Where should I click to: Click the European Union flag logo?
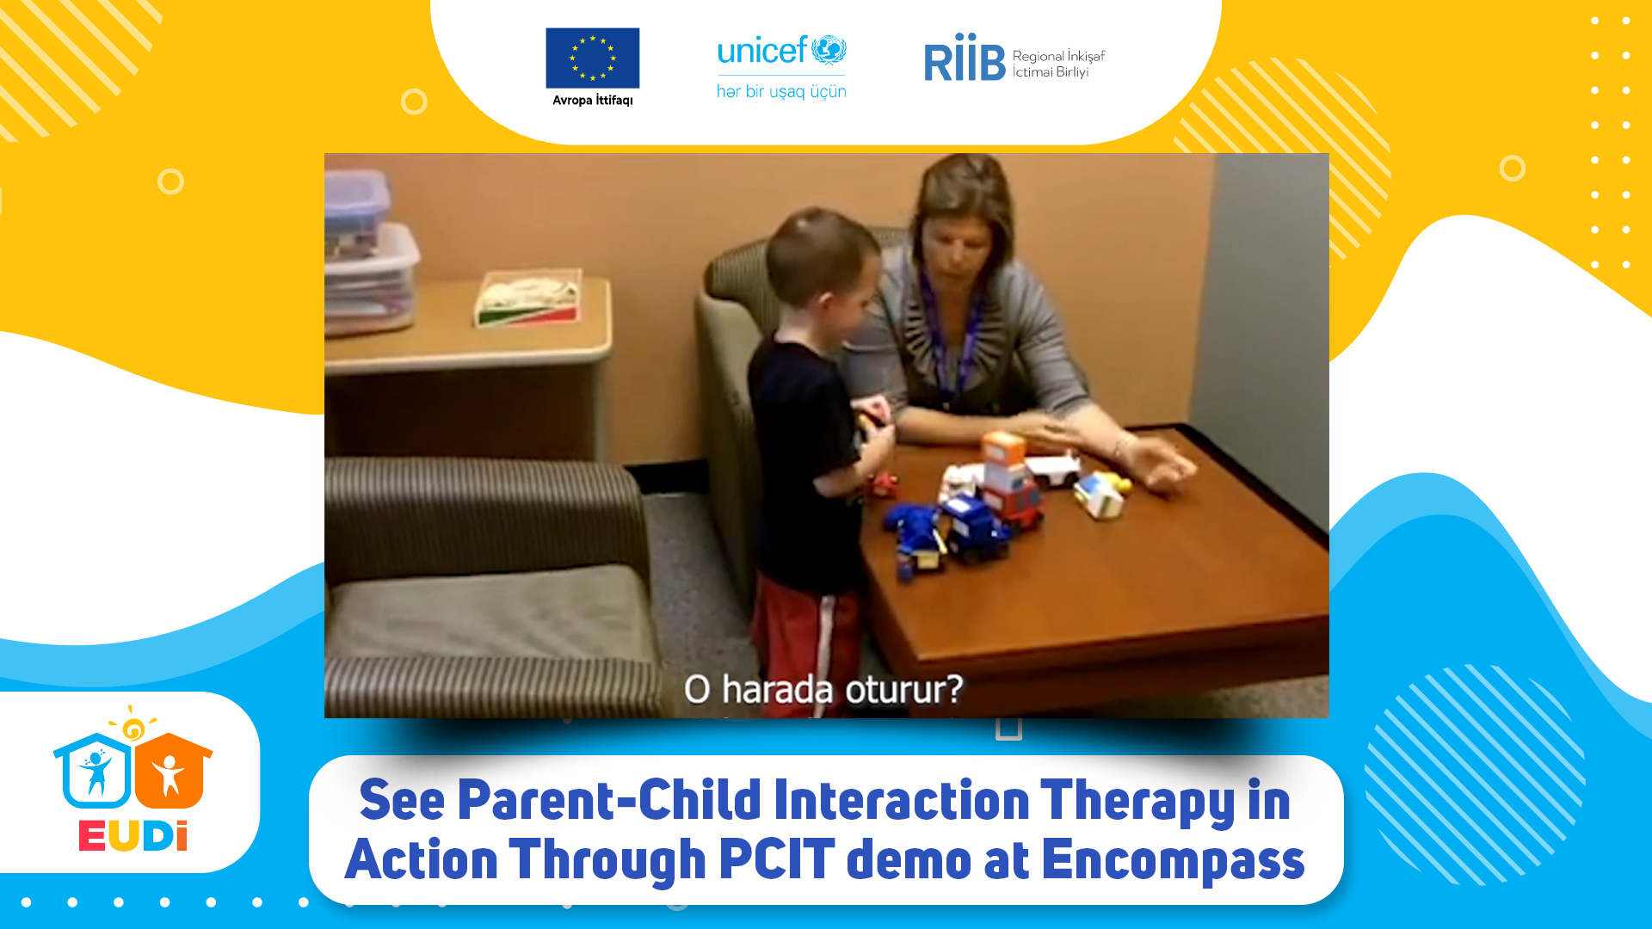coord(592,58)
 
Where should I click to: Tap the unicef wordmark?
coord(762,51)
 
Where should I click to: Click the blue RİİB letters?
coord(965,58)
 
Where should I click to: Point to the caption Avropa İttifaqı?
coord(592,100)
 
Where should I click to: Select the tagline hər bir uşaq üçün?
coord(781,91)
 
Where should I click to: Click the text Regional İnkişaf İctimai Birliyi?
coord(1058,64)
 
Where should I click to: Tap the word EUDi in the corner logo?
coord(133,836)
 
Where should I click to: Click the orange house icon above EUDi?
coord(172,770)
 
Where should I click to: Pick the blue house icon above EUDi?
coord(94,771)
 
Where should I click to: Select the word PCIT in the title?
coord(776,859)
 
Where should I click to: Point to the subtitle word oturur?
coord(903,690)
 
